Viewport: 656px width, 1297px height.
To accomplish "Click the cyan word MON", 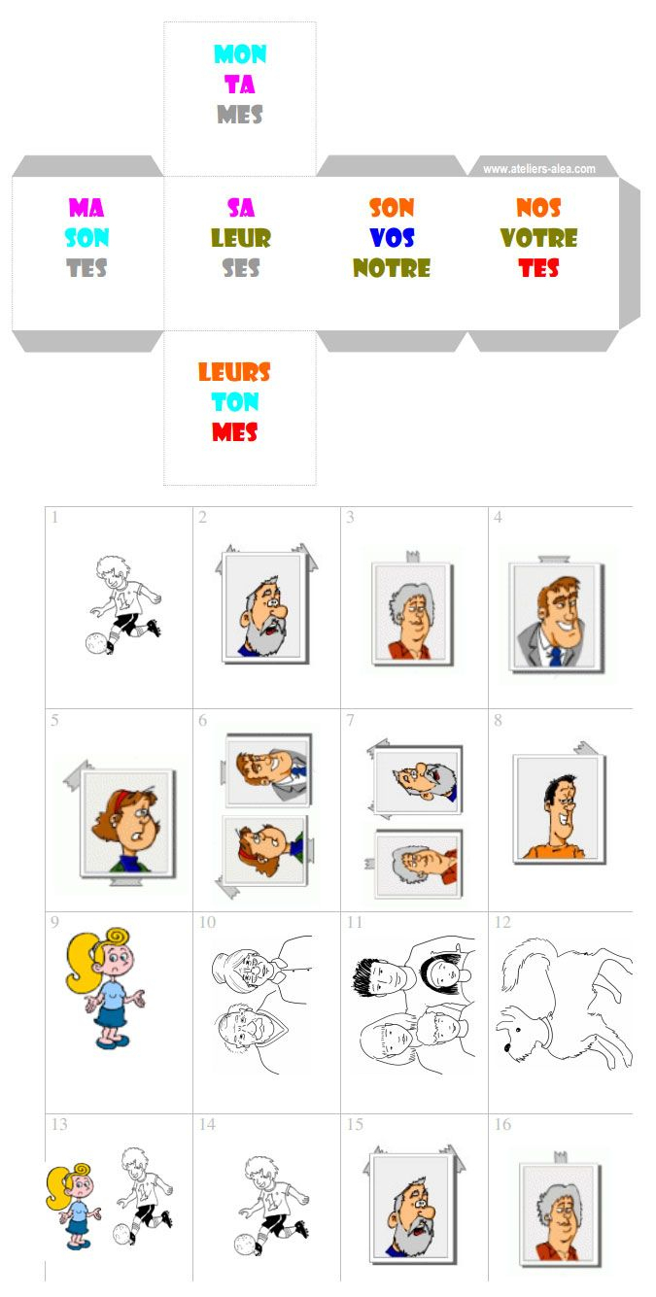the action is click(240, 54).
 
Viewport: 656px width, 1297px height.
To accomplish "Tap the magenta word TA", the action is click(240, 85).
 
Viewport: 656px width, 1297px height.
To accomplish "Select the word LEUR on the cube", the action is click(240, 238).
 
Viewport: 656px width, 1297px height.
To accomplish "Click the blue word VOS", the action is click(392, 238).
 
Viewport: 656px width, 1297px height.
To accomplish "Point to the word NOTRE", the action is click(392, 268).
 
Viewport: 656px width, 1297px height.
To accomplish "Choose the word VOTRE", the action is click(538, 238).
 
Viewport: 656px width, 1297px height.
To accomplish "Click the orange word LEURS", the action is click(234, 372).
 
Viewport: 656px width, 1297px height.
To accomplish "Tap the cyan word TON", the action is click(234, 402).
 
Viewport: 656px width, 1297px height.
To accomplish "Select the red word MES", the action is click(234, 432).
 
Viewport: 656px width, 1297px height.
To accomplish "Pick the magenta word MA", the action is click(86, 208).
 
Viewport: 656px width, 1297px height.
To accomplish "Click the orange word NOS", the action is click(538, 208).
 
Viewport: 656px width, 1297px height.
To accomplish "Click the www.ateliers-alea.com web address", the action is click(539, 169).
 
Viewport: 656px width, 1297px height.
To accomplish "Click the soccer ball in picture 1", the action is click(95, 642).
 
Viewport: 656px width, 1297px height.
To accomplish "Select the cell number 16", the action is click(502, 1124).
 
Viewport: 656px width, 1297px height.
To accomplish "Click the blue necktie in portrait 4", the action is click(555, 656).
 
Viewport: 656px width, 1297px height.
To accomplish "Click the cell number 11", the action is click(355, 922).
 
